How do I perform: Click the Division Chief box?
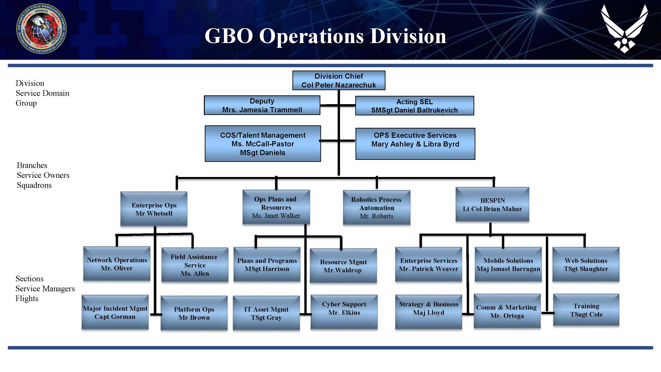339,80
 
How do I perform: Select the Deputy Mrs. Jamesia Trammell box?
262,105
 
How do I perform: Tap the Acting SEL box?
414,106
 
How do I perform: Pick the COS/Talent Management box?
263,144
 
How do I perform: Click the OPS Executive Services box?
415,144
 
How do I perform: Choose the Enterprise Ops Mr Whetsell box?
154,209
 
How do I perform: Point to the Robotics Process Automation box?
376,207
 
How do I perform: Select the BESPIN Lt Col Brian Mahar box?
492,205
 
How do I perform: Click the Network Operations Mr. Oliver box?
117,264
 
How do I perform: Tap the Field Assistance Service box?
195,265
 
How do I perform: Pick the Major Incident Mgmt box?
115,312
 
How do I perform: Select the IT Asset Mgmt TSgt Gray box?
266,313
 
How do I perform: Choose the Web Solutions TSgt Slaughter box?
586,264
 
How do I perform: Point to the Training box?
586,310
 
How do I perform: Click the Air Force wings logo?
625,28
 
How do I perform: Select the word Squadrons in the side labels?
34,185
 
